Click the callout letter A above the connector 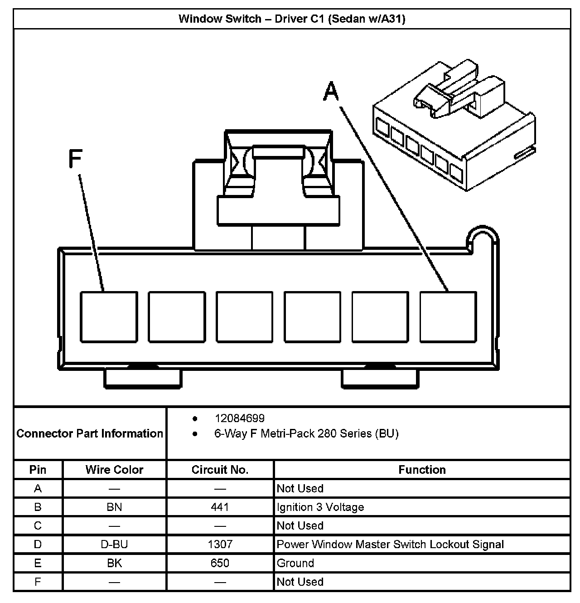pyautogui.click(x=331, y=92)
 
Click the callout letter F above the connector pyautogui.click(x=75, y=159)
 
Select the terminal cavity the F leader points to pyautogui.click(x=109, y=316)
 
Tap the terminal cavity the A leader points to pyautogui.click(x=448, y=316)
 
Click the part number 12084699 pyautogui.click(x=240, y=418)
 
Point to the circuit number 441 pyautogui.click(x=220, y=507)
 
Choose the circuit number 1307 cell pyautogui.click(x=220, y=544)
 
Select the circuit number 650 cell pyautogui.click(x=220, y=563)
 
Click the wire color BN pyautogui.click(x=114, y=507)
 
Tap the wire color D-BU pyautogui.click(x=114, y=544)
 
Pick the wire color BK pyautogui.click(x=114, y=563)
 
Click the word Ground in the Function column pyautogui.click(x=295, y=563)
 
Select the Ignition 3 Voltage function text pyautogui.click(x=320, y=507)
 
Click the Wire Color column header pyautogui.click(x=114, y=470)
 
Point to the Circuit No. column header pyautogui.click(x=220, y=470)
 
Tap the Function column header pyautogui.click(x=422, y=470)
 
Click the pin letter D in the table pyautogui.click(x=38, y=544)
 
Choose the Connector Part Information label pyautogui.click(x=90, y=433)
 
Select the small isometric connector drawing pyautogui.click(x=453, y=127)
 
